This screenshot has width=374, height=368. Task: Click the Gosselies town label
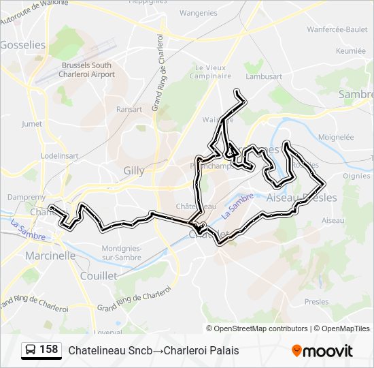[x=23, y=45]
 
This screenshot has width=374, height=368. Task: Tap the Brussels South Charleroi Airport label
[x=88, y=70]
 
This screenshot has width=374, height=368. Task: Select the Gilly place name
[x=134, y=170]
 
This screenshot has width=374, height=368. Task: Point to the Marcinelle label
[x=50, y=256]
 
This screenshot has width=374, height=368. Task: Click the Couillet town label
[x=99, y=275]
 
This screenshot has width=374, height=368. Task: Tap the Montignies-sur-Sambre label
[x=121, y=253]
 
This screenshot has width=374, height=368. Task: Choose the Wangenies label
[x=199, y=12]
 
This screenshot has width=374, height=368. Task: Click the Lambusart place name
[x=264, y=77]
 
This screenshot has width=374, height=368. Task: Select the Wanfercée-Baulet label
[x=337, y=29]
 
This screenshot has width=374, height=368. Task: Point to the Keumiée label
[x=351, y=51]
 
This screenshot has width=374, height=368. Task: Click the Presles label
[x=316, y=301]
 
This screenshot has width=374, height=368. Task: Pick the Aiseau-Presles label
[x=302, y=198]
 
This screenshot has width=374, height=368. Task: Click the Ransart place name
[x=129, y=109]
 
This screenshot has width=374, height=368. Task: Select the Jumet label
[x=32, y=123]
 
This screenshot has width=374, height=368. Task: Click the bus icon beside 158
[x=31, y=350]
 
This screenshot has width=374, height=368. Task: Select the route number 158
[x=49, y=350]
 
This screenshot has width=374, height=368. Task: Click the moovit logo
[x=322, y=351]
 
